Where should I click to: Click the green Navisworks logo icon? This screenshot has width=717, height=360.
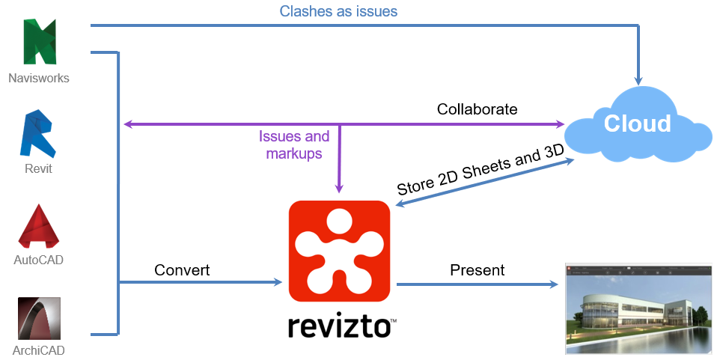pyautogui.click(x=40, y=41)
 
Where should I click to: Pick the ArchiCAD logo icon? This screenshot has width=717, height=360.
pyautogui.click(x=39, y=319)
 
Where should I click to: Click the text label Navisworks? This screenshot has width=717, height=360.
pyautogui.click(x=39, y=77)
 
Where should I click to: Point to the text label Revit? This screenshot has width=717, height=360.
pyautogui.click(x=38, y=168)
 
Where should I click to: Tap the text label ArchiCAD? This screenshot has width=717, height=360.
pyautogui.click(x=39, y=350)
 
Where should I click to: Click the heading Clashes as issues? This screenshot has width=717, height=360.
pyautogui.click(x=338, y=11)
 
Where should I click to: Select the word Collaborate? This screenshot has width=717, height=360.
pyautogui.click(x=477, y=109)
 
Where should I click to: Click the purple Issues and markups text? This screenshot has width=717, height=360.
pyautogui.click(x=294, y=144)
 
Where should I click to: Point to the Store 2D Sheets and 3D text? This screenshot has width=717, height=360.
pyautogui.click(x=480, y=170)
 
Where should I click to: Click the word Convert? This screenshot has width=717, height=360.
pyautogui.click(x=182, y=269)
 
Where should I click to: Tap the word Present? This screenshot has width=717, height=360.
pyautogui.click(x=477, y=269)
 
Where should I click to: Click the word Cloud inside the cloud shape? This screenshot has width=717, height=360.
pyautogui.click(x=638, y=123)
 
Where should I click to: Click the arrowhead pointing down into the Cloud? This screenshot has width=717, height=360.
pyautogui.click(x=638, y=78)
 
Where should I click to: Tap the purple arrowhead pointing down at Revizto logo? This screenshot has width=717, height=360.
pyautogui.click(x=340, y=189)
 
